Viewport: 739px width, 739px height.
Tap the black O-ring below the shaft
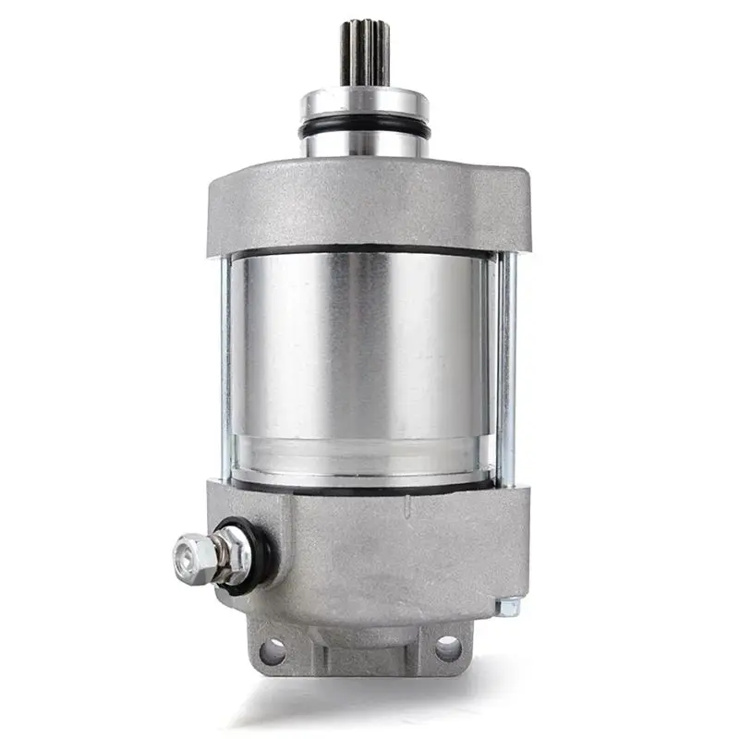(364, 128)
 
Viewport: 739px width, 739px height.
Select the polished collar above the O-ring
(364, 103)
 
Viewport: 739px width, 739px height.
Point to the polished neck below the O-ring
(364, 146)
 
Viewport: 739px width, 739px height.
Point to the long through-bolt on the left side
(224, 369)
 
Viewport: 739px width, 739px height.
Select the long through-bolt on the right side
(505, 369)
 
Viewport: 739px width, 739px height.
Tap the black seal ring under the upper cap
(360, 252)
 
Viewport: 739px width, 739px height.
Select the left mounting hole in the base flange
(273, 651)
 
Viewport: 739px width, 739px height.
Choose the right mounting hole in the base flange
(447, 648)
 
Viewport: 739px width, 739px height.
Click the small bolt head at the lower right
(507, 607)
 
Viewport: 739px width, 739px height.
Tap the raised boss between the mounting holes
(360, 637)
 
